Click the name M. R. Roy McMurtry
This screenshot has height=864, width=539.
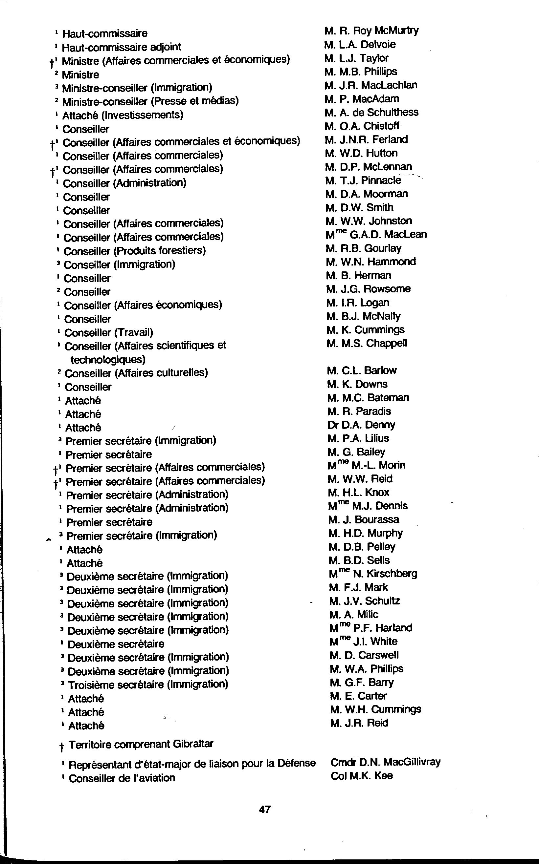(x=371, y=31)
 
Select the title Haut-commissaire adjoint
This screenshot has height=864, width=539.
(x=121, y=47)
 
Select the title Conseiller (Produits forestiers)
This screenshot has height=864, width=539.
(x=134, y=251)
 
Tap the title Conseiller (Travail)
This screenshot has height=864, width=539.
(x=108, y=332)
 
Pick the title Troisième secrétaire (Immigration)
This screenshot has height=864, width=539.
(x=147, y=684)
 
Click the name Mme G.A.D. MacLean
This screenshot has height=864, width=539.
(x=376, y=235)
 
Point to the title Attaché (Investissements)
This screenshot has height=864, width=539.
(x=123, y=115)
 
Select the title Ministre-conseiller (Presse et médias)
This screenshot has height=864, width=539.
(x=150, y=101)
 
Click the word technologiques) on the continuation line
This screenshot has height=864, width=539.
(x=108, y=360)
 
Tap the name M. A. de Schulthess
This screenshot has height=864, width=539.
(x=371, y=113)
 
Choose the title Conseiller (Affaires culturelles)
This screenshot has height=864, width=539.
(x=136, y=373)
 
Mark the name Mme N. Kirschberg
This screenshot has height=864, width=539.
(x=373, y=574)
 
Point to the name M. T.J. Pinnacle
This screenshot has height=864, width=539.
(x=363, y=180)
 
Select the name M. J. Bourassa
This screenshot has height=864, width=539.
(x=364, y=519)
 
